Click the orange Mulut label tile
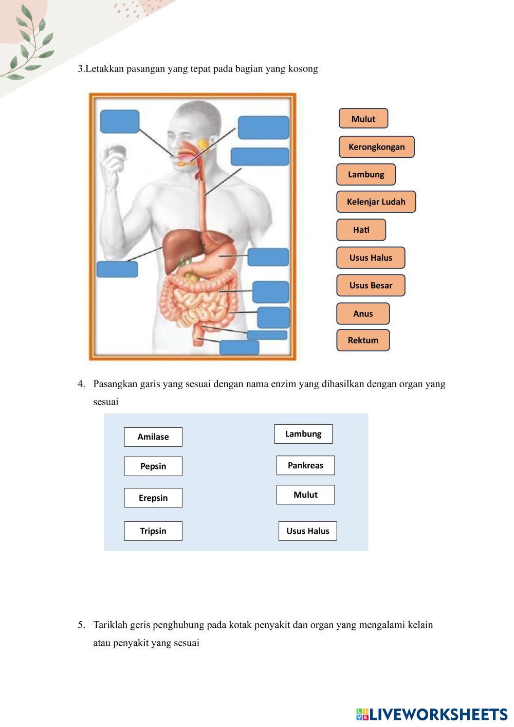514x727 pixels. pyautogui.click(x=363, y=119)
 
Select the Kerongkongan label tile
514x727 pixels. pyautogui.click(x=376, y=147)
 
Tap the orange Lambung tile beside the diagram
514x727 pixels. pyautogui.click(x=365, y=174)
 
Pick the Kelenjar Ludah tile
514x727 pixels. pyautogui.click(x=376, y=202)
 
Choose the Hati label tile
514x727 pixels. pyautogui.click(x=361, y=230)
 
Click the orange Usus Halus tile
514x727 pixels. pyautogui.click(x=371, y=258)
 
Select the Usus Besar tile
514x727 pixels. pyautogui.click(x=371, y=285)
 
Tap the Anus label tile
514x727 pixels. pyautogui.click(x=363, y=314)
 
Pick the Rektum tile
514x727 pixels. pyautogui.click(x=363, y=340)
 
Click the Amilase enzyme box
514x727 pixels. pyautogui.click(x=153, y=437)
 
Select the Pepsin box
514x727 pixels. pyautogui.click(x=153, y=466)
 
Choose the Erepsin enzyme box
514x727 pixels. pyautogui.click(x=153, y=498)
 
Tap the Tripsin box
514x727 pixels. pyautogui.click(x=153, y=531)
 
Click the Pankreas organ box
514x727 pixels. pyautogui.click(x=305, y=465)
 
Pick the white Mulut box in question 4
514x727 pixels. pyautogui.click(x=305, y=495)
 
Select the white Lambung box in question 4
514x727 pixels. pyautogui.click(x=303, y=434)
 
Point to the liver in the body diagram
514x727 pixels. pyautogui.click(x=177, y=249)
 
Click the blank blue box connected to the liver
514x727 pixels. pyautogui.click(x=117, y=269)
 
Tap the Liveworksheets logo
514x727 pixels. pyautogui.click(x=431, y=714)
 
